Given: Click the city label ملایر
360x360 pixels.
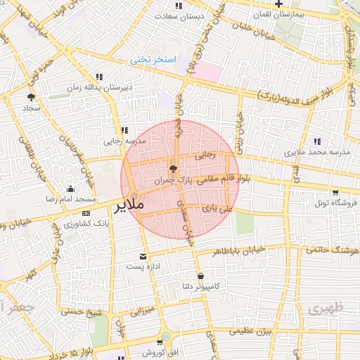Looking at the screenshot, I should [x=130, y=205].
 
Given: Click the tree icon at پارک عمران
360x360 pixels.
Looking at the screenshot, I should [x=174, y=169].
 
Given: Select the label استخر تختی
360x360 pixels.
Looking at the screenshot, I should [x=150, y=60].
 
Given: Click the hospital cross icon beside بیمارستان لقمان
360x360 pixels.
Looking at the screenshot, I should [x=279, y=4].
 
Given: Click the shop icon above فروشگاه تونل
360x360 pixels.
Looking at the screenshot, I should [x=336, y=192].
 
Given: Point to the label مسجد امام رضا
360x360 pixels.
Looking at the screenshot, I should [x=70, y=199].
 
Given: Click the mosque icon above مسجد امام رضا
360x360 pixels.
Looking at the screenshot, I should [x=70, y=188].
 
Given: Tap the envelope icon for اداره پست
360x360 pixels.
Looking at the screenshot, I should [x=144, y=257].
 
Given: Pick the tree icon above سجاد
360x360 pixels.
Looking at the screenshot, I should [x=31, y=97].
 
